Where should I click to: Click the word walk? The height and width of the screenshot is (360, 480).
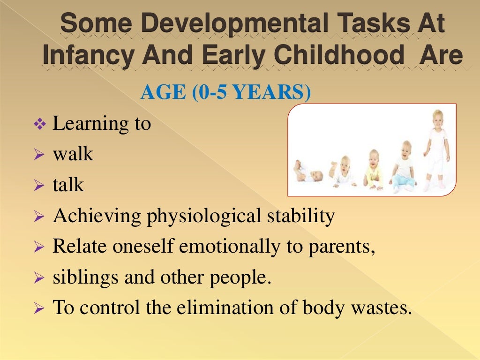coord(73,154)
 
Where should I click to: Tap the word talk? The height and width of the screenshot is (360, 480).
coord(68,185)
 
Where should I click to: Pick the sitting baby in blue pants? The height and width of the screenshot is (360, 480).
coord(403,166)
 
